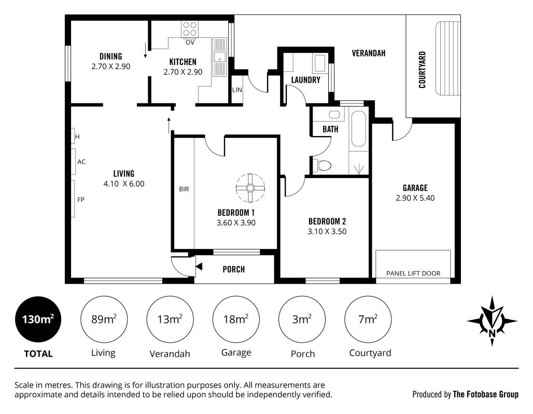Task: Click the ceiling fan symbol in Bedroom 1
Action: click(250, 188)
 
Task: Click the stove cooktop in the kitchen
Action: click(190, 29)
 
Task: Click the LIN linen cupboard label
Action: click(237, 90)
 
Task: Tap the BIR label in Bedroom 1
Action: click(184, 189)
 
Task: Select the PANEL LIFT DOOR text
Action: click(413, 273)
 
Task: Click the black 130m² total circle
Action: click(38, 319)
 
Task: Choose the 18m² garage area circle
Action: click(236, 319)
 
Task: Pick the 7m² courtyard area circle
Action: click(368, 319)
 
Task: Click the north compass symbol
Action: click(492, 321)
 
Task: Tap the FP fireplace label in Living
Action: click(80, 200)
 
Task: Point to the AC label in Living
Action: click(81, 161)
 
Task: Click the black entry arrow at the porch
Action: click(199, 267)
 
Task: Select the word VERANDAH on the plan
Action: click(369, 53)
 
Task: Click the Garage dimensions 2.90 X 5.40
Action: click(415, 198)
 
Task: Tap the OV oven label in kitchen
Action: click(190, 42)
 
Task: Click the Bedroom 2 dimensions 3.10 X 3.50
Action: click(327, 231)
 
